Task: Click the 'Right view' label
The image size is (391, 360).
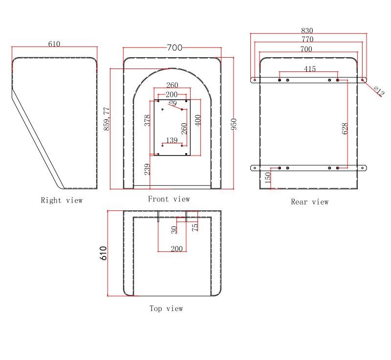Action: [62, 200]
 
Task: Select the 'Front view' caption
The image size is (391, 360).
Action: [169, 199]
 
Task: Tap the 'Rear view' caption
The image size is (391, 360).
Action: [310, 202]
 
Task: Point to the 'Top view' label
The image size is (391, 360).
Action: [166, 308]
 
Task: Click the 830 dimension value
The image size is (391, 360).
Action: [307, 31]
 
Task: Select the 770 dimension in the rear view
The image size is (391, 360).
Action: [307, 40]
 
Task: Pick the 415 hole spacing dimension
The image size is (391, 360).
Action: [310, 69]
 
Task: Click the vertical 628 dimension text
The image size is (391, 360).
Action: [345, 129]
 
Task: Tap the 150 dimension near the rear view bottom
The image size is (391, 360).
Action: [268, 178]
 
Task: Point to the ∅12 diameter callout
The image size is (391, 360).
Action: [379, 90]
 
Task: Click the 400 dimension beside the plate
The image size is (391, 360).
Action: [197, 120]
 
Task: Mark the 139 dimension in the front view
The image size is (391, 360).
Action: [172, 140]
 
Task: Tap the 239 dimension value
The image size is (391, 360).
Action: [147, 169]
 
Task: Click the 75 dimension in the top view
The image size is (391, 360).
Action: [195, 227]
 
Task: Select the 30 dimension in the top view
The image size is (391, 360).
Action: [174, 229]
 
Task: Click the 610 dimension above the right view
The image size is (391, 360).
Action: [54, 44]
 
